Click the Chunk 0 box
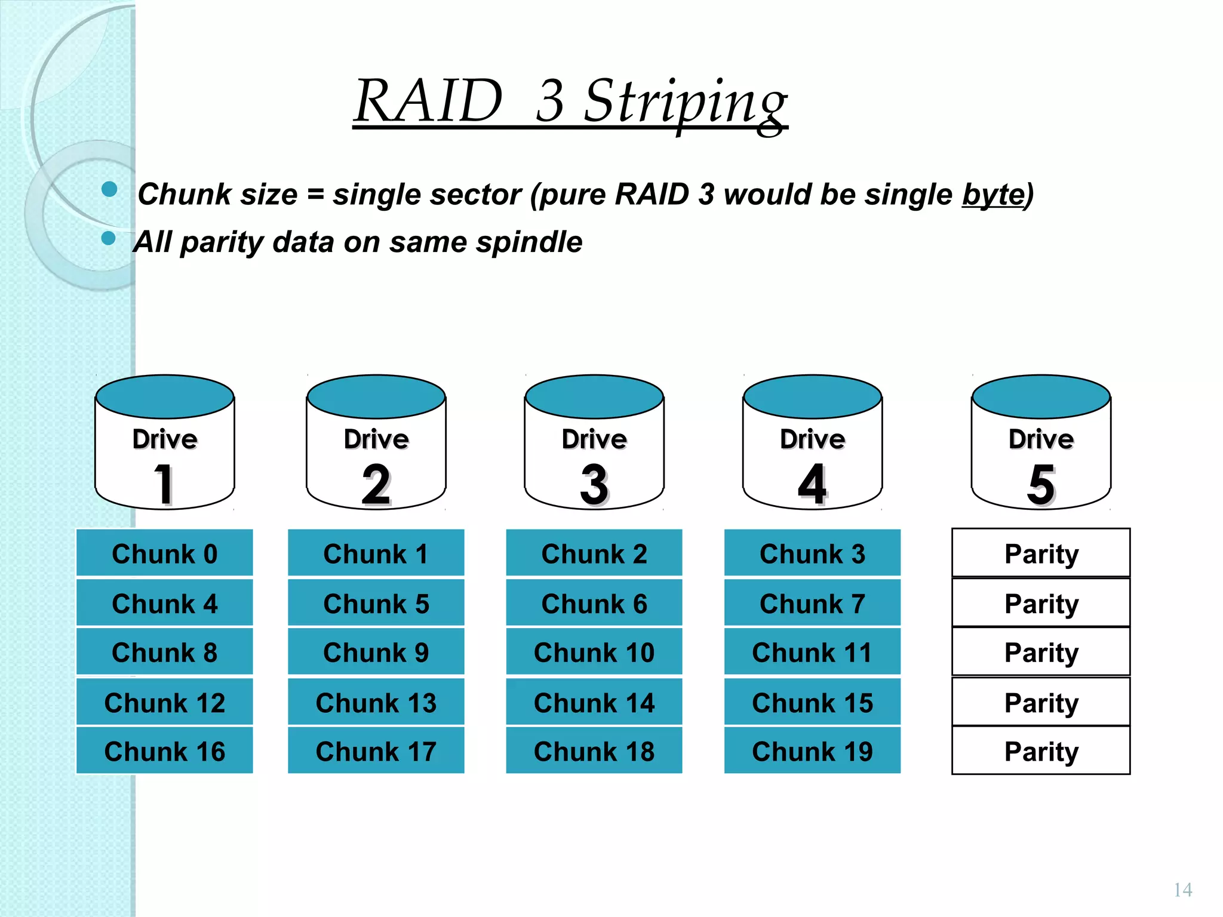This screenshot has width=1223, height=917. pos(164,553)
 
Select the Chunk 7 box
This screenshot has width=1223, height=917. pos(812,603)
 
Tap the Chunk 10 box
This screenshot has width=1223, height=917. pos(594,652)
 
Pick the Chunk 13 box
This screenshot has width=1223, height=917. pos(376,702)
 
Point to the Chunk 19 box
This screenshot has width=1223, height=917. pos(812,751)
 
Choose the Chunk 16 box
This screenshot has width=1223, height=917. pos(164,751)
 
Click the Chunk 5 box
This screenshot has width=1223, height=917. pos(376,603)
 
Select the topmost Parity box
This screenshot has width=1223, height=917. pos(1041,553)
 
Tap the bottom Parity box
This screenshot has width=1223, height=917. pos(1041,751)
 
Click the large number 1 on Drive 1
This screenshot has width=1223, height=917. pos(164,484)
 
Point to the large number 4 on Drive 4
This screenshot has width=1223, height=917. pos(812,484)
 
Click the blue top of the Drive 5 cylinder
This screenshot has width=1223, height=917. pos(1041,396)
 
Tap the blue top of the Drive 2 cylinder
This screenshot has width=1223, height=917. pos(376,396)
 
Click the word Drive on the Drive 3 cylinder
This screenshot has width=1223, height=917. pos(594,439)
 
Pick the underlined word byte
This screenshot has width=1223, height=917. pos(992,195)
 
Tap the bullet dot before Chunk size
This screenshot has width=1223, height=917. pos(109,189)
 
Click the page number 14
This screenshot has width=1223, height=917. pos(1182,890)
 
